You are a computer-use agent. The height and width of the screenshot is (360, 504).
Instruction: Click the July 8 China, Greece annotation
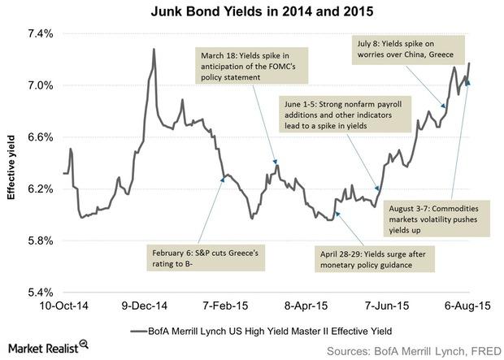tap(414, 49)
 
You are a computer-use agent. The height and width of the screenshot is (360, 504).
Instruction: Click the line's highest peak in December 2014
tap(154, 50)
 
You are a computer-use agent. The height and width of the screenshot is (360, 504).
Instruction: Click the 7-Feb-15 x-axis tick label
tap(225, 310)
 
